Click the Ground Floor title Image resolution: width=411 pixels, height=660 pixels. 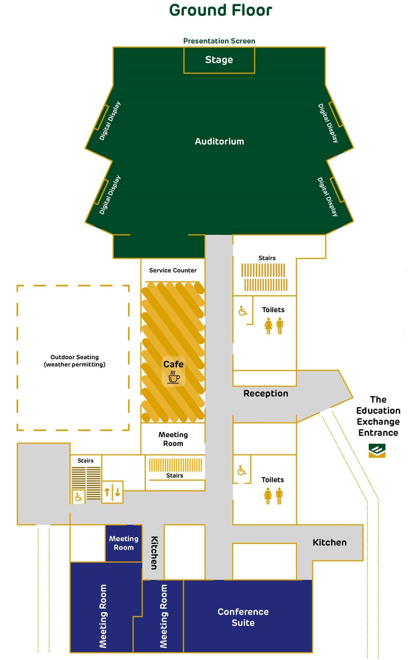coord(220,10)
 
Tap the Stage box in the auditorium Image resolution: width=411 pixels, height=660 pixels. coord(219,60)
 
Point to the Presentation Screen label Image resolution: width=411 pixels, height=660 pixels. coord(219,41)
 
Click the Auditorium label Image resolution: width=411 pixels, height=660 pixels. coord(219,142)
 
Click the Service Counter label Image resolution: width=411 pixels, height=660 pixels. coord(173,270)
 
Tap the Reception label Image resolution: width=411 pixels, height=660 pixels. coord(266,393)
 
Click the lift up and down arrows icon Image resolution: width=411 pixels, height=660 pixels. coord(112,492)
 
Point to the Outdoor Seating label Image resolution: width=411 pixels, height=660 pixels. coord(74,361)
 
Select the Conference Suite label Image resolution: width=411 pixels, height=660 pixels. coord(243,617)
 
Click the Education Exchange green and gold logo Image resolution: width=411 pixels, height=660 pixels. coord(377,450)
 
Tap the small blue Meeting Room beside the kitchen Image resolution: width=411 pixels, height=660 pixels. coord(124,543)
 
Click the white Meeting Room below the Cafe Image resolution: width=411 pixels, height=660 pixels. coord(173,439)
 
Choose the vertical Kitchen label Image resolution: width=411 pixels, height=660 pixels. coord(154,553)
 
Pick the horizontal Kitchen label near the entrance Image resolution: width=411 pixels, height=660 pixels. coord(329,542)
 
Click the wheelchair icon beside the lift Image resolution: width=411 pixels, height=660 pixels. coord(79,497)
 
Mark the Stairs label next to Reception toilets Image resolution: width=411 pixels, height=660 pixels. coord(267,258)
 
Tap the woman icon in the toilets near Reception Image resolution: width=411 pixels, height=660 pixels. coord(268,326)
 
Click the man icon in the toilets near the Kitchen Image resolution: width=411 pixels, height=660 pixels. coord(279,496)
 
